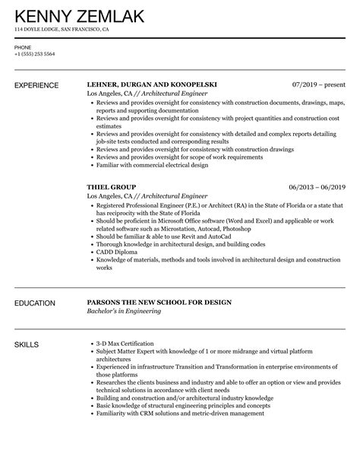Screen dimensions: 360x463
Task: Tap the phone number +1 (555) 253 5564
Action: point(34,55)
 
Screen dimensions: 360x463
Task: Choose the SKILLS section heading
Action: point(28,344)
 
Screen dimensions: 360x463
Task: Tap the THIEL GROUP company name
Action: point(112,186)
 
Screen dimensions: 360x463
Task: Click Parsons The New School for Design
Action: point(159,303)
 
